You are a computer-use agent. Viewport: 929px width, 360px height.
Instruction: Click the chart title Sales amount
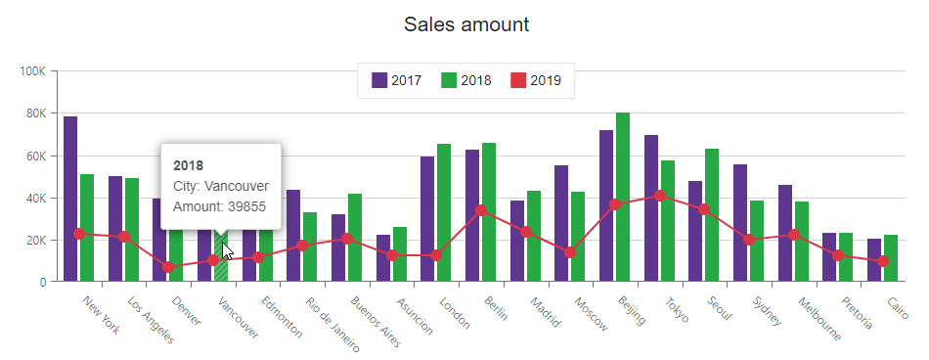click(466, 24)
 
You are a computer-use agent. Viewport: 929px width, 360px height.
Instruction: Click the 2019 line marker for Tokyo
click(660, 196)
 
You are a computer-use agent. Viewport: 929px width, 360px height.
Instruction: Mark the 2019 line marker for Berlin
click(481, 210)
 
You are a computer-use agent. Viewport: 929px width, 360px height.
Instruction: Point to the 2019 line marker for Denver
click(168, 267)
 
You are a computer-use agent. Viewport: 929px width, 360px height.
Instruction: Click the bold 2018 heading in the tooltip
click(188, 164)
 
